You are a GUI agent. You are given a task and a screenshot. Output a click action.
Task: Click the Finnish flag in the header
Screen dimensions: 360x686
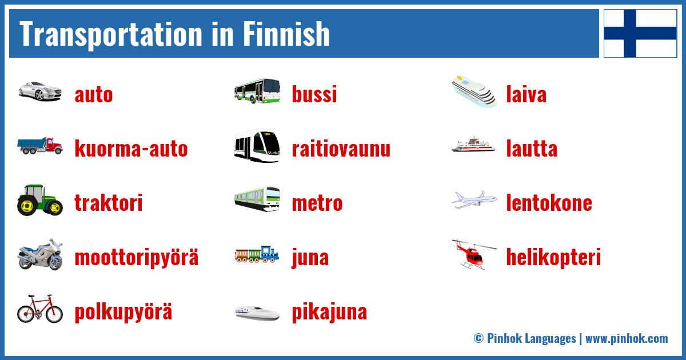640,33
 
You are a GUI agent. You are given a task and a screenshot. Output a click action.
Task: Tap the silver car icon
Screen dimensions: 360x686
39,91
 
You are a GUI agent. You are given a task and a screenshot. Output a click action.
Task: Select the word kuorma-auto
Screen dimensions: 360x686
131,149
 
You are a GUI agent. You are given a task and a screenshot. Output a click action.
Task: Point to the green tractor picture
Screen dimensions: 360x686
39,200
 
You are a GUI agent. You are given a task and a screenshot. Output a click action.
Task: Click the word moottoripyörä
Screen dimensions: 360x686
137,258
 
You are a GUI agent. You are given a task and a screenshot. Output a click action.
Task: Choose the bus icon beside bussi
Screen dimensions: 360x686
257,91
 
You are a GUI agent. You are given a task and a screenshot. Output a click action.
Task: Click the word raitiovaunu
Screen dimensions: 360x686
341,149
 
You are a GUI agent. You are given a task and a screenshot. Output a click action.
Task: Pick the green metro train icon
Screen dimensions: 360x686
257,199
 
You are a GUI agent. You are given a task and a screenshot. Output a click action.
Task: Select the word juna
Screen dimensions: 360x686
310,258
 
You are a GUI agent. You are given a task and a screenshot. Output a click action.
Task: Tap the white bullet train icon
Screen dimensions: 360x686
257,313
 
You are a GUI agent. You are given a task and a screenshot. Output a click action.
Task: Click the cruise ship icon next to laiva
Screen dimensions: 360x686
474,91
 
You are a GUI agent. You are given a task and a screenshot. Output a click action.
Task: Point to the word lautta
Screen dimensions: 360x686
532,149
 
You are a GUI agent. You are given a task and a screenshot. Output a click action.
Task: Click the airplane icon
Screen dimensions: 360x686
474,200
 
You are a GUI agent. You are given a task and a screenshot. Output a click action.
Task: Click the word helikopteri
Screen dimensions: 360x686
553,258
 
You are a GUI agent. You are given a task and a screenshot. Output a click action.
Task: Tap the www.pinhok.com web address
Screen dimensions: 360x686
627,338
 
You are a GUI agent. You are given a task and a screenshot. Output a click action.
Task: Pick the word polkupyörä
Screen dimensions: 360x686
123,313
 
